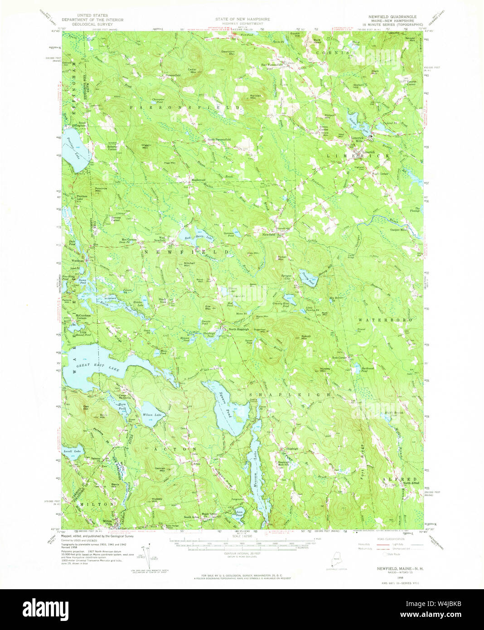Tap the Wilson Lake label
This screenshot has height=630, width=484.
(151, 415)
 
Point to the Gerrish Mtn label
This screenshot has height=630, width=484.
(160, 469)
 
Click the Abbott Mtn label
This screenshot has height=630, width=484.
(305, 337)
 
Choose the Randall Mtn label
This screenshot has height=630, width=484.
(257, 96)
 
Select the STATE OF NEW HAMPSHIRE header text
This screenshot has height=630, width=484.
(242, 19)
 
